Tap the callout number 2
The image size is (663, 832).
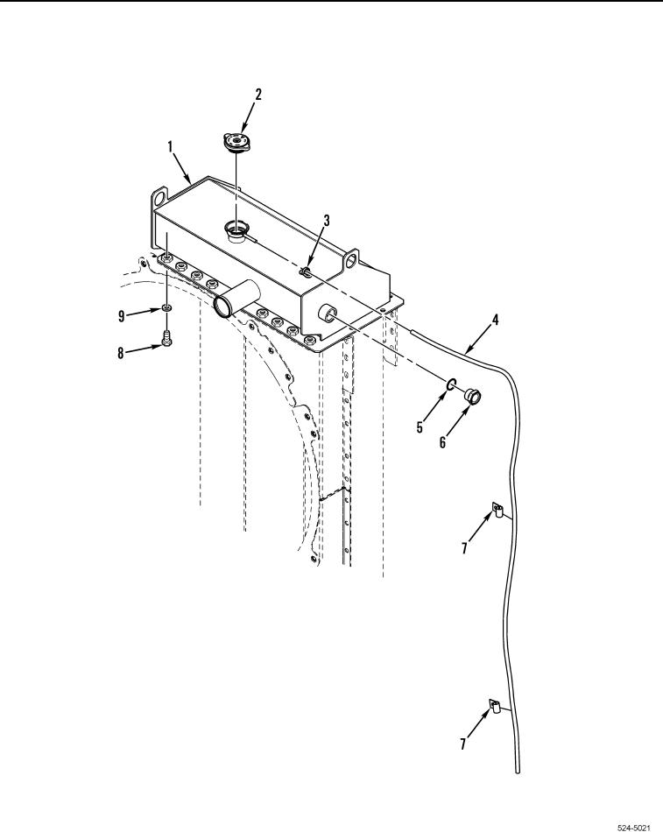pyautogui.click(x=257, y=93)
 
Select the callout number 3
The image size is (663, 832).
pyautogui.click(x=325, y=221)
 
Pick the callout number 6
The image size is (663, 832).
pyautogui.click(x=443, y=442)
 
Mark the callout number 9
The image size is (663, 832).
pyautogui.click(x=122, y=316)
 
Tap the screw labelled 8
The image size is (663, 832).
pyautogui.click(x=166, y=342)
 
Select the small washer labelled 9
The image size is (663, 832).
pyautogui.click(x=166, y=308)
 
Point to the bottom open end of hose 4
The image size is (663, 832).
pyautogui.click(x=518, y=770)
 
